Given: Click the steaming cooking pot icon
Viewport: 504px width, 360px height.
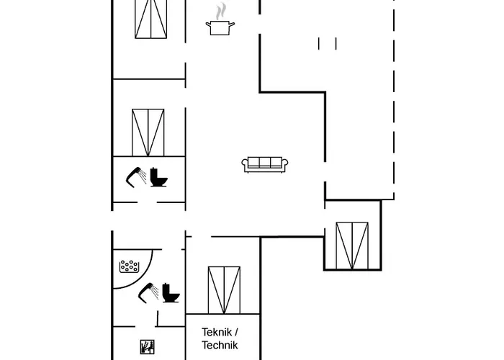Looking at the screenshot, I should [220, 27].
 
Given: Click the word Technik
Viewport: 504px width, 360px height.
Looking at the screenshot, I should [220, 345].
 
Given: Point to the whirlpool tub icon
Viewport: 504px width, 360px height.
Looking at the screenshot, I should [129, 266].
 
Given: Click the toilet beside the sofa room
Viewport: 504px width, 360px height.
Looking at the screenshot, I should [160, 178].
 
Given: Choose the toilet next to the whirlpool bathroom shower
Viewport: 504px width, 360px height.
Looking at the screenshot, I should [171, 292].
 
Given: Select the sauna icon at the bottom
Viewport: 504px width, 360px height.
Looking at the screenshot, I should [146, 346].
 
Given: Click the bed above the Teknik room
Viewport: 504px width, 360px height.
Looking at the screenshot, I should [223, 289].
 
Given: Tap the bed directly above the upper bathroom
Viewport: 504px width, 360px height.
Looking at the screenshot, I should [149, 132].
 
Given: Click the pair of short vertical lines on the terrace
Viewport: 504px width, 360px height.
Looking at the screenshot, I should [327, 44].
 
